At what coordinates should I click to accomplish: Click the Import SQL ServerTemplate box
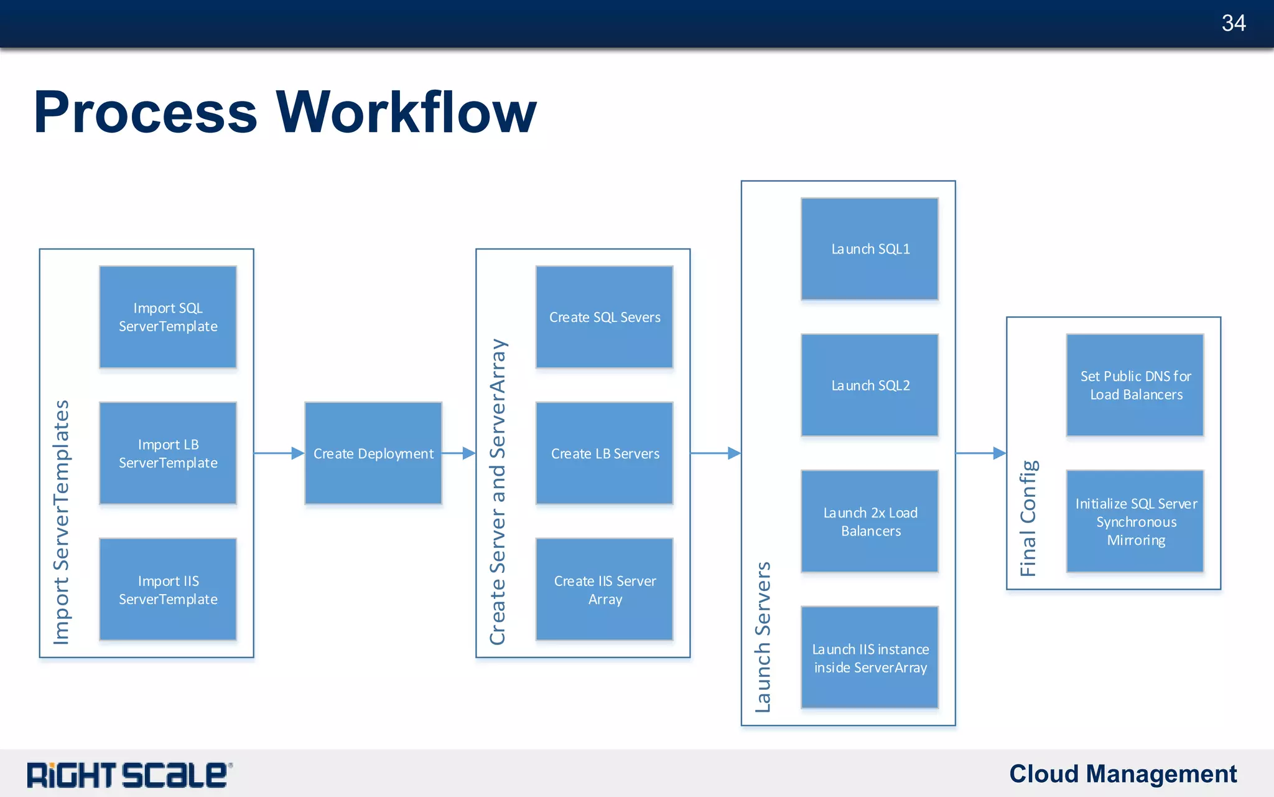(x=168, y=317)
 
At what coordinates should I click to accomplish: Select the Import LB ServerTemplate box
(x=168, y=453)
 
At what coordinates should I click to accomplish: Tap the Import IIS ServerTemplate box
(x=168, y=590)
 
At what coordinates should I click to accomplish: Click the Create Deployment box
(x=373, y=453)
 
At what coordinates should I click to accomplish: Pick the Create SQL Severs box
(x=605, y=317)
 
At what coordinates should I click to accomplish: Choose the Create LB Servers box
(x=605, y=453)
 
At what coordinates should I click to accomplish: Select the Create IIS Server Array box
(x=605, y=590)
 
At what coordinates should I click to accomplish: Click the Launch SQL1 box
(x=870, y=249)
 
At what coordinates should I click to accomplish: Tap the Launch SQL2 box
(x=870, y=385)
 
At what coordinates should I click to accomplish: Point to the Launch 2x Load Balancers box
(x=870, y=522)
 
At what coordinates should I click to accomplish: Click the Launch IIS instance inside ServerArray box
(x=870, y=658)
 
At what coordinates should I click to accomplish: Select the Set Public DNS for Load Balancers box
(x=1135, y=385)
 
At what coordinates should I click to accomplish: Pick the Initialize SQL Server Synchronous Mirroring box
(x=1135, y=522)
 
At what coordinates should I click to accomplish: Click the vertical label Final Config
(x=1028, y=518)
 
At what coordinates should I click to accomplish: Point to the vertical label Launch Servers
(x=763, y=637)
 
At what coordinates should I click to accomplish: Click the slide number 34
(x=1233, y=24)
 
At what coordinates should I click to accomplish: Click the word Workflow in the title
(x=406, y=113)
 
